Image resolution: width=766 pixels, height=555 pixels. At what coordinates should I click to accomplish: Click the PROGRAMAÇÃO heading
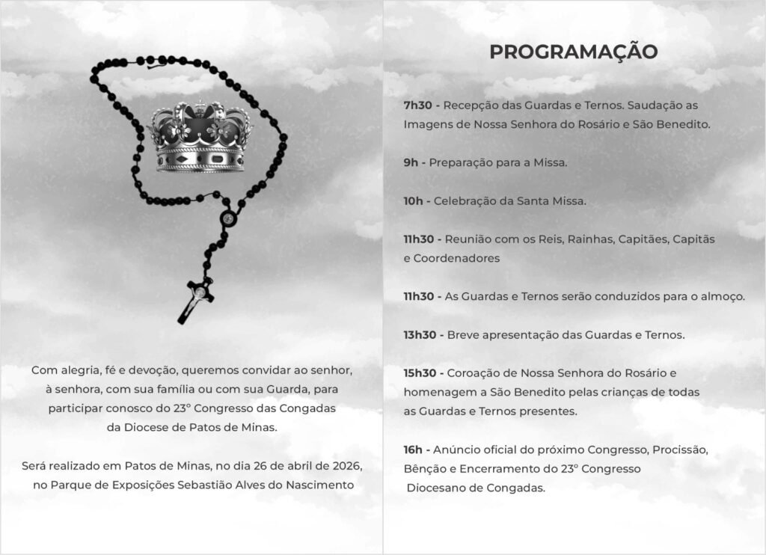point(574,52)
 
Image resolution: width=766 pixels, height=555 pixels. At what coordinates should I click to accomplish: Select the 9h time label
point(411,162)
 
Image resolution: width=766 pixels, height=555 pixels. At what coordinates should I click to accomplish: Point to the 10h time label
point(414,201)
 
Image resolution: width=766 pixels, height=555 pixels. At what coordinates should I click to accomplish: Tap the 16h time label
point(414,450)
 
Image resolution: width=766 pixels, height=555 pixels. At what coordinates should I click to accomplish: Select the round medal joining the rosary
point(227,219)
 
